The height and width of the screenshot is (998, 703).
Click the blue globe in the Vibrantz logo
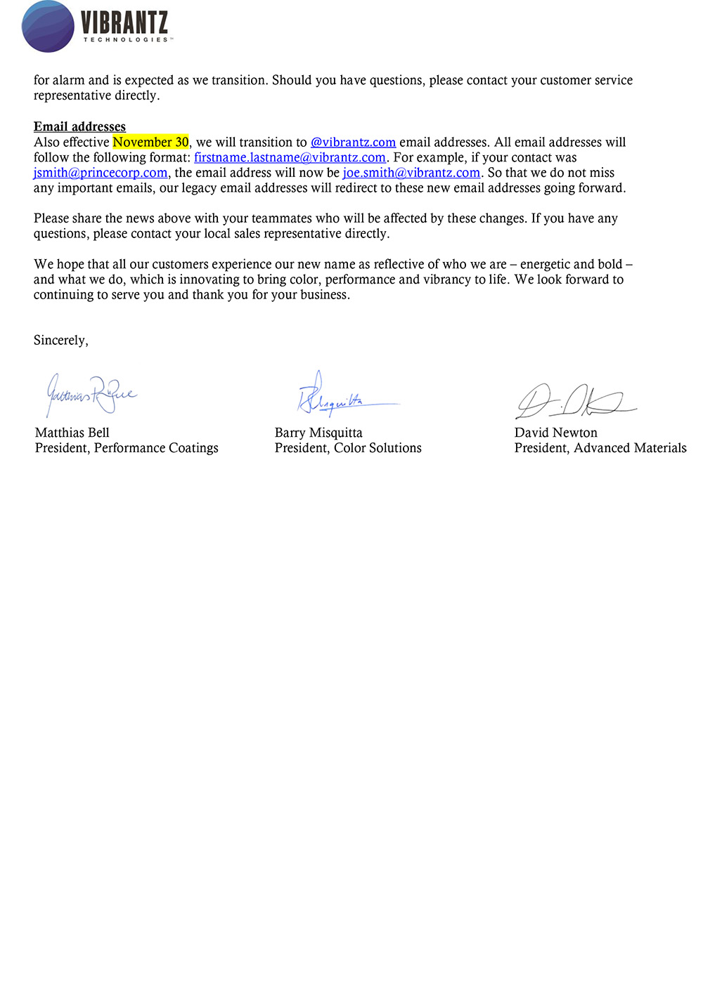point(48,27)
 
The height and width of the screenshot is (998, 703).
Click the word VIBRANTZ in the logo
point(124,23)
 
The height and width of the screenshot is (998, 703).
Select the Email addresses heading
point(79,126)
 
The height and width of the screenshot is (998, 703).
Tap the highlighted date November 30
point(150,142)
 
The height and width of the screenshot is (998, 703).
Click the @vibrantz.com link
point(353,142)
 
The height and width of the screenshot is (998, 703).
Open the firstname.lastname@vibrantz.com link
point(290,157)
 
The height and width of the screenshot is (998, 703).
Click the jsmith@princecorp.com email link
point(101,173)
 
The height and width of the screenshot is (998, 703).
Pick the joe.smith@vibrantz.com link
point(411,173)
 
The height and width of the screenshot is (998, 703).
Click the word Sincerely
point(60,341)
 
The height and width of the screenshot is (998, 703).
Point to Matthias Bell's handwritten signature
point(90,395)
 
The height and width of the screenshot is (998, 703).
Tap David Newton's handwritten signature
point(573,401)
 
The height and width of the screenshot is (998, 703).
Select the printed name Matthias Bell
point(72,433)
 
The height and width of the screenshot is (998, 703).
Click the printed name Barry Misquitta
point(318,433)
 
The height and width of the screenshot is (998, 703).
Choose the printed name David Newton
point(555,433)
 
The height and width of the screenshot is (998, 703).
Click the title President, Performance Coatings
point(127,448)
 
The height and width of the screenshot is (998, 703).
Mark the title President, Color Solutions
point(348,448)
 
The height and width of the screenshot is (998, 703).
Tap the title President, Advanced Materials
point(600,448)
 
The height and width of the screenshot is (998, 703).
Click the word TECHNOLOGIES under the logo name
point(127,40)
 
